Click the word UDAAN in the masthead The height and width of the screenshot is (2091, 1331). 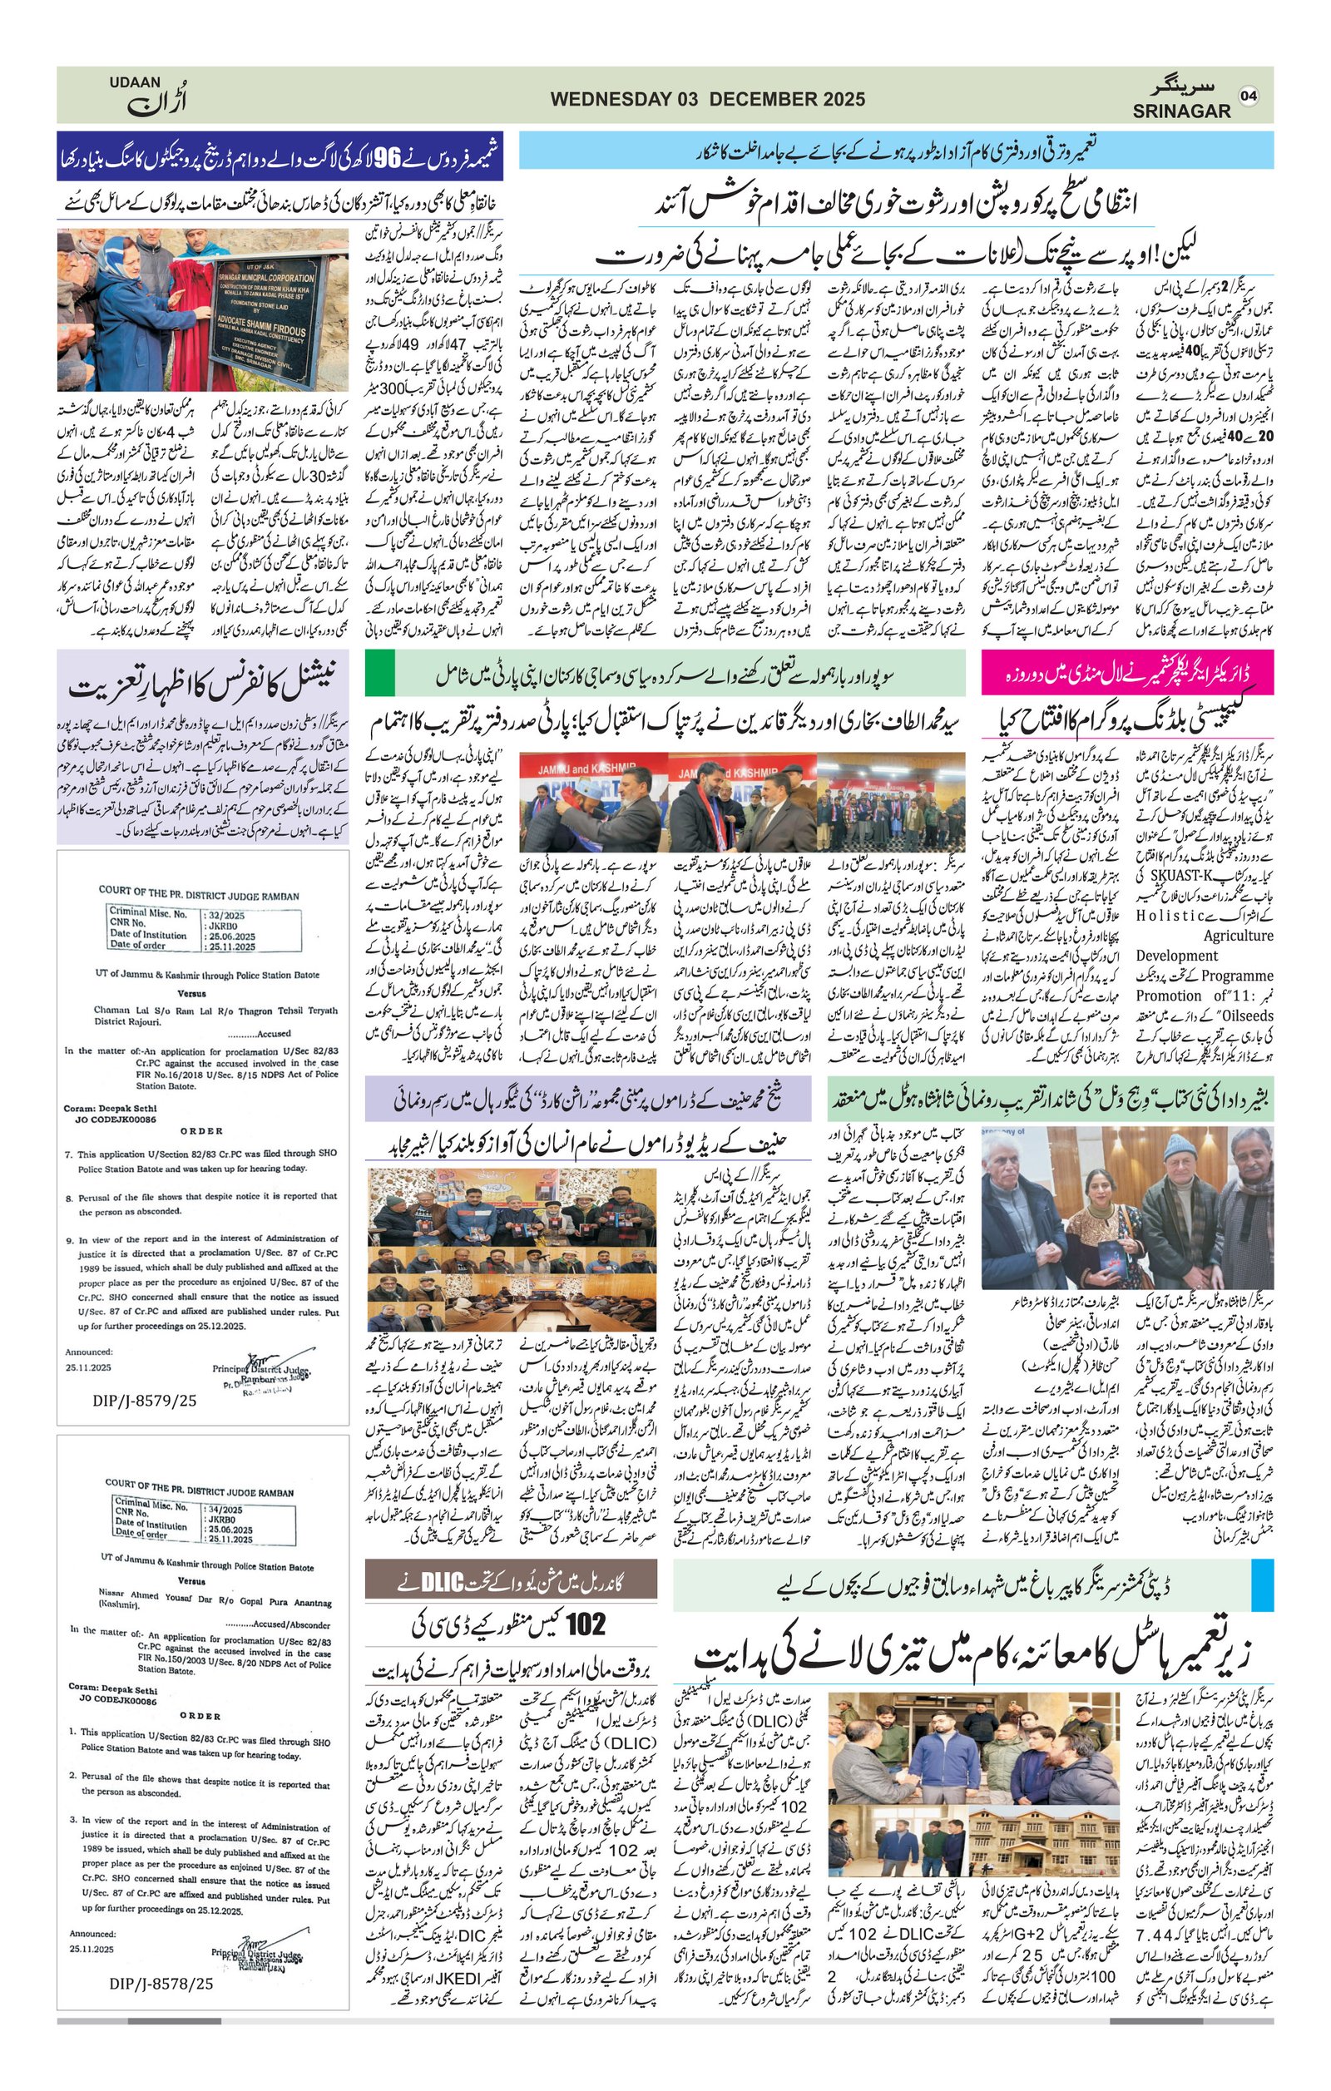click(135, 82)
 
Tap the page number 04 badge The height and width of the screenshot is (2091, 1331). click(1249, 96)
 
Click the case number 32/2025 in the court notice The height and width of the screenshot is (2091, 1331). click(228, 915)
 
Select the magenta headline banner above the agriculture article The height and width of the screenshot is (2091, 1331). click(1127, 673)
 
